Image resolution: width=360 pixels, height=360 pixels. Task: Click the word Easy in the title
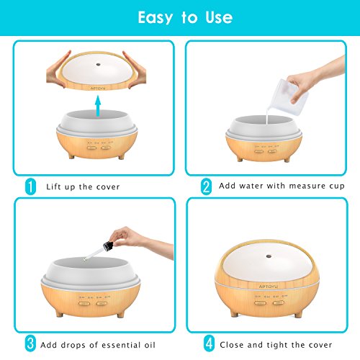click(156, 17)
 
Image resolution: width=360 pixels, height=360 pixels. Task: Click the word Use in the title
click(219, 17)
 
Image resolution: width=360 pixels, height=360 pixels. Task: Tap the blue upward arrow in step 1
click(98, 106)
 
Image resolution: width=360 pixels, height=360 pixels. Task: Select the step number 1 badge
click(30, 186)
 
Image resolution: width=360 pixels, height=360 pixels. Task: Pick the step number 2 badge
click(207, 186)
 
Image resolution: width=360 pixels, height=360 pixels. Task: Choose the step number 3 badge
click(30, 343)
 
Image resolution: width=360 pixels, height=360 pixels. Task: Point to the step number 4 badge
click(210, 343)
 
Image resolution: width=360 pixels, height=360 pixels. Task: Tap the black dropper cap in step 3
click(108, 246)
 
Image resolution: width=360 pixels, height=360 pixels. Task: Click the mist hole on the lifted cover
click(98, 64)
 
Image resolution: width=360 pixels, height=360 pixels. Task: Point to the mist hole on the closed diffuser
click(269, 256)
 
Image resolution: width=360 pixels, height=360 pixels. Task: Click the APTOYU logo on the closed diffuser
click(268, 287)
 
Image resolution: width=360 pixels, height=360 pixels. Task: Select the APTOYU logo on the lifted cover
click(98, 89)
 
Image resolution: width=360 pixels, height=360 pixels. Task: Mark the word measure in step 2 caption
click(307, 186)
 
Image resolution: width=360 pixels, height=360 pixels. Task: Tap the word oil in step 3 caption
click(150, 345)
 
